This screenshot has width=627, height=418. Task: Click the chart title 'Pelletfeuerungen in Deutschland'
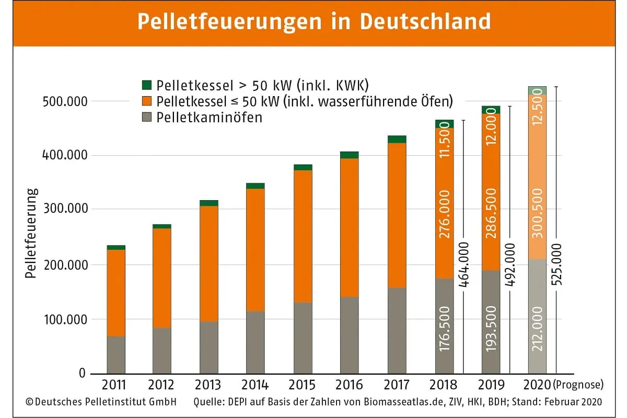pyautogui.click(x=313, y=22)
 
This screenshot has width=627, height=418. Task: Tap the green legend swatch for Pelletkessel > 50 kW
pyautogui.click(x=147, y=85)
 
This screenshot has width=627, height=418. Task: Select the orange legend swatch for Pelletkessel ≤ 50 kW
pyautogui.click(x=147, y=101)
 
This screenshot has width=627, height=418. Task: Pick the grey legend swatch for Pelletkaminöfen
pyautogui.click(x=147, y=118)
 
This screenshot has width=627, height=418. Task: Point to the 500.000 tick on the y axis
pyautogui.click(x=62, y=101)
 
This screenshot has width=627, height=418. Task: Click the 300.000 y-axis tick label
pyautogui.click(x=62, y=210)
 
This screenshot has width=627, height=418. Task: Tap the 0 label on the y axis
pyautogui.click(x=82, y=374)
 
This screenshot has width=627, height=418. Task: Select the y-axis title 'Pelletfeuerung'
pyautogui.click(x=31, y=233)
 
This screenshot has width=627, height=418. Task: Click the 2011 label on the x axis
pyautogui.click(x=115, y=386)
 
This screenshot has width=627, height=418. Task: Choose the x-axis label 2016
pyautogui.click(x=349, y=386)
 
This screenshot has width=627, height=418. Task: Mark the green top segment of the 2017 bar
pyautogui.click(x=397, y=140)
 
